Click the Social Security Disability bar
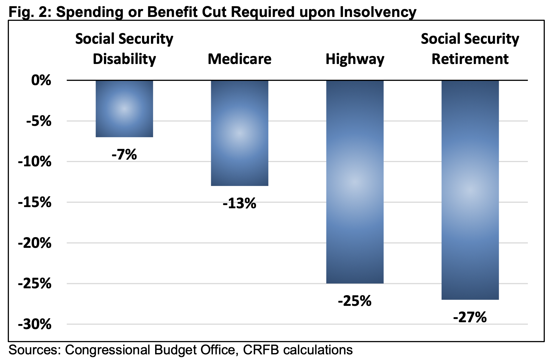[x=124, y=109]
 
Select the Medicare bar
[x=239, y=133]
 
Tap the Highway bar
[x=355, y=181]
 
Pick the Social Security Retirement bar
[x=470, y=190]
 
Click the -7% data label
[x=124, y=155]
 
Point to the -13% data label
[x=239, y=204]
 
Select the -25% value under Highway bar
[x=355, y=301]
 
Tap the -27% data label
[x=470, y=317]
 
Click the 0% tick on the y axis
[x=41, y=80]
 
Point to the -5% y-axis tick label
[x=39, y=121]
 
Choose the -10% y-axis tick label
[x=35, y=162]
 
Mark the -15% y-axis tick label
[x=35, y=203]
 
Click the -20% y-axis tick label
[x=35, y=243]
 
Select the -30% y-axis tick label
[x=35, y=325]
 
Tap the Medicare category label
[x=239, y=59]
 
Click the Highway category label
[x=355, y=59]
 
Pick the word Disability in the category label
[x=124, y=59]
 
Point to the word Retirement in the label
[x=470, y=59]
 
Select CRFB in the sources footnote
[x=261, y=350]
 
